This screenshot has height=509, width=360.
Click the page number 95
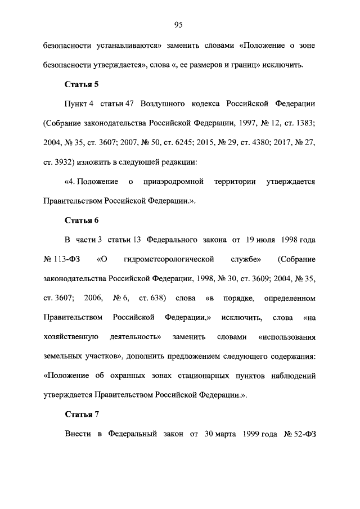[179, 24]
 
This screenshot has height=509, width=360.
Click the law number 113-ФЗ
[64, 259]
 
